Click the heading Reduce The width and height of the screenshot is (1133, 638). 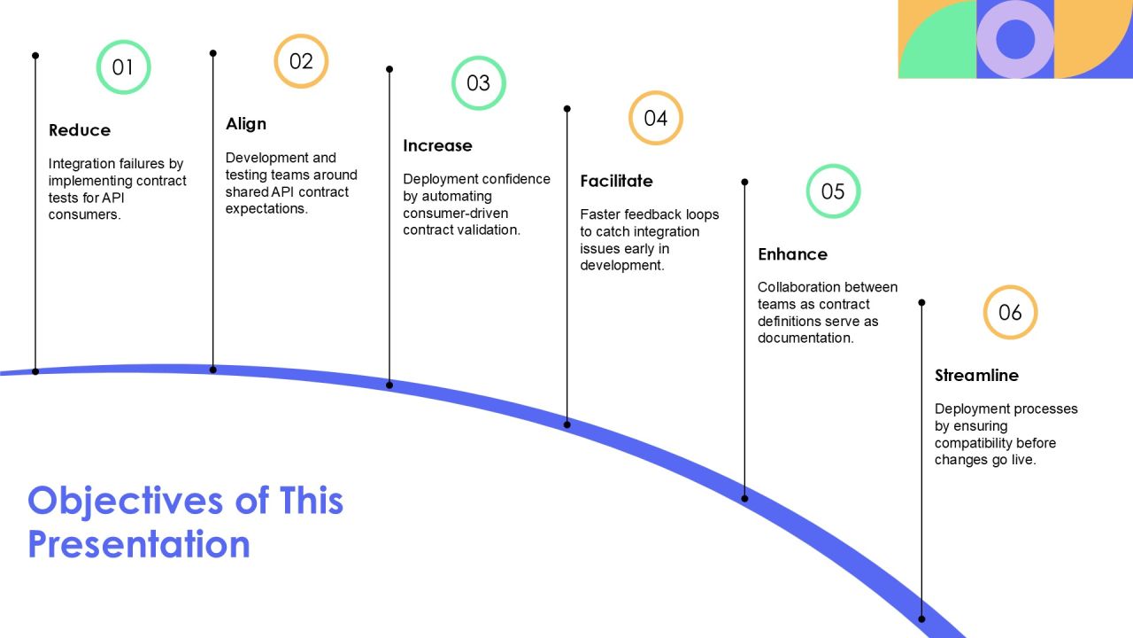pos(80,130)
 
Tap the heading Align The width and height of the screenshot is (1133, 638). pos(246,124)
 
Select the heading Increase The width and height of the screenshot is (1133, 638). pos(437,146)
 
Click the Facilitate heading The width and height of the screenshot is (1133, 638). pos(616,181)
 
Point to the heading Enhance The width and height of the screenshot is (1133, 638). pos(792,254)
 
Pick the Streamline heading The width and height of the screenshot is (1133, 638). pos(976,375)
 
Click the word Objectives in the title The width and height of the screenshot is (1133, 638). pos(125,502)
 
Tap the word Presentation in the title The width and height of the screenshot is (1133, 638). pos(139,544)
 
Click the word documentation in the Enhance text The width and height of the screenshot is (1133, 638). pos(805,338)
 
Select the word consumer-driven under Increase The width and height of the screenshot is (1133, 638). pos(455,214)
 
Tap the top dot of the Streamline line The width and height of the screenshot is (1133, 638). pos(921,303)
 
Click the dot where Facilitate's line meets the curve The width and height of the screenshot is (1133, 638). pos(567,424)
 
